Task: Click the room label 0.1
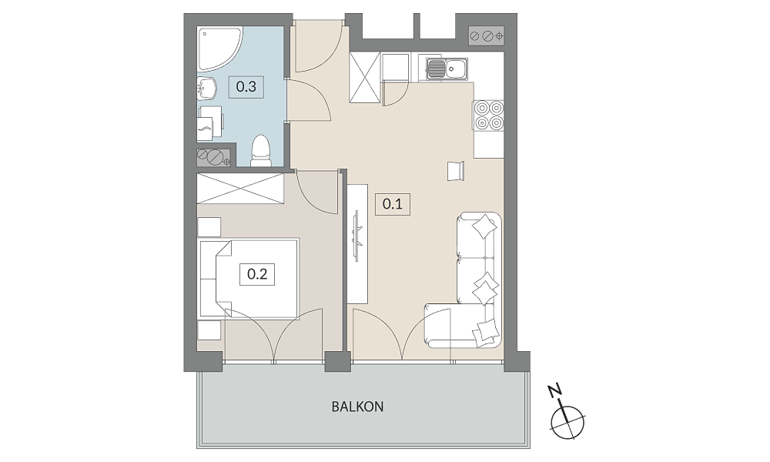[393, 204]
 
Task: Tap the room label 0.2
[257, 274]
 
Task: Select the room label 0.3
[246, 87]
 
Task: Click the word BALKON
[357, 407]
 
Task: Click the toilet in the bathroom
[261, 150]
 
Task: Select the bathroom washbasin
[207, 89]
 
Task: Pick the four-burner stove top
[489, 115]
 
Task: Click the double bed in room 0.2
[249, 278]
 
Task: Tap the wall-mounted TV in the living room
[357, 235]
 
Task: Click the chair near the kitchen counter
[456, 171]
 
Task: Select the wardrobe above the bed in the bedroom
[240, 188]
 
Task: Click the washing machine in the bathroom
[211, 122]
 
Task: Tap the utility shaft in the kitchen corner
[487, 36]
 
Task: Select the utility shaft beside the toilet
[213, 157]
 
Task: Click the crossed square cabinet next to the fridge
[365, 78]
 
